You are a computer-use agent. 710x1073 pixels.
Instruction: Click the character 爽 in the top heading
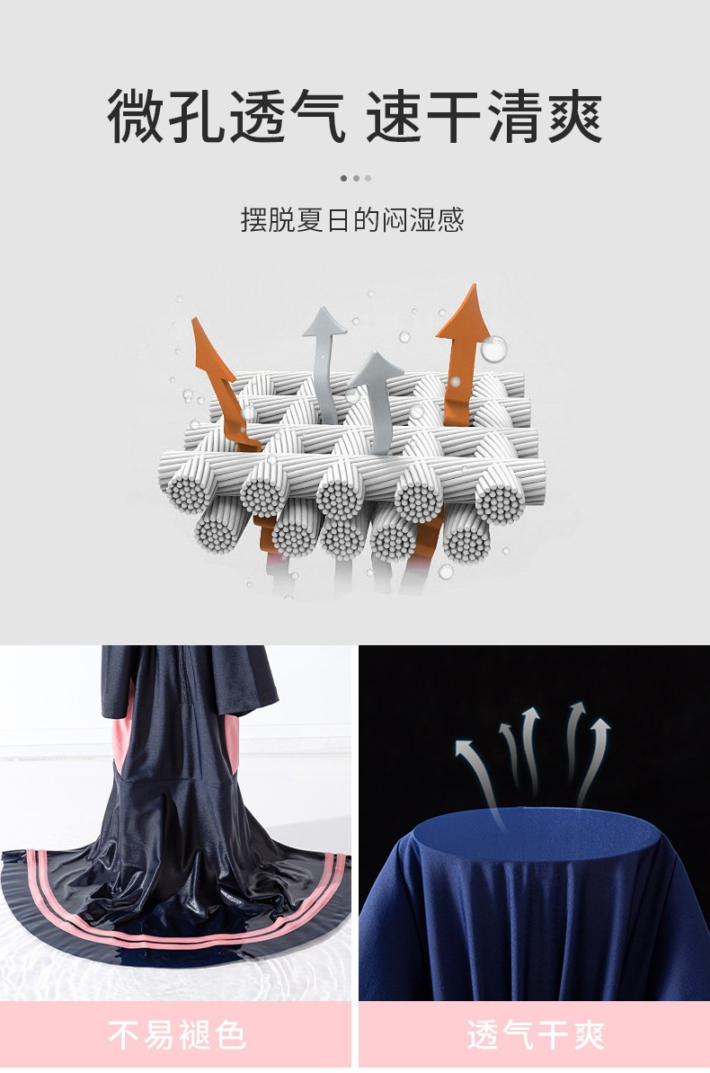tap(573, 116)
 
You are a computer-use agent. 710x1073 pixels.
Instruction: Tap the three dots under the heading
tap(355, 179)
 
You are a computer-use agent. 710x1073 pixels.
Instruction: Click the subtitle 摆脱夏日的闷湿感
tap(352, 220)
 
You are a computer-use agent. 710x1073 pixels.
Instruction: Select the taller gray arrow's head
tap(324, 322)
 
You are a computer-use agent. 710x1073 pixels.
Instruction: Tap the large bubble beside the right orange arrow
tap(493, 349)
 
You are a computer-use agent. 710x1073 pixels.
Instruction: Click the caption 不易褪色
tap(177, 1034)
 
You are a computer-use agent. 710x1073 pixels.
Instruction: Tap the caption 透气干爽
tap(536, 1034)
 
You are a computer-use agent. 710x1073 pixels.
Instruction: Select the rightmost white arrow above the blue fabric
tap(594, 759)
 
